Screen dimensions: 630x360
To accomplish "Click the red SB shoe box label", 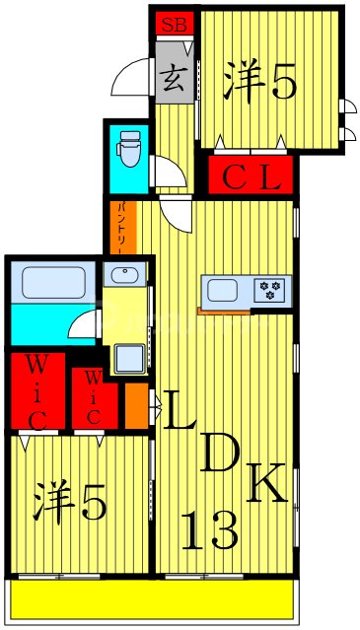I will point(173,24).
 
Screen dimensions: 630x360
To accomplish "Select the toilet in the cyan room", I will point(128,152).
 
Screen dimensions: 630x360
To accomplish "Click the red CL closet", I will point(251,178).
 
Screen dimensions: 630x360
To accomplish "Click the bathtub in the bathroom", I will point(55,284).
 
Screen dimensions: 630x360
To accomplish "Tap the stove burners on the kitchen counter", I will point(269,290).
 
